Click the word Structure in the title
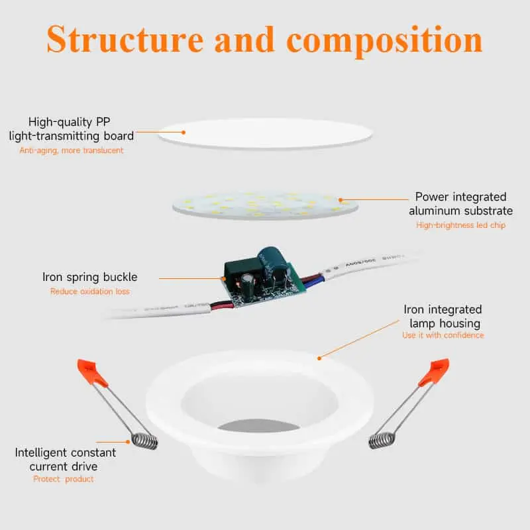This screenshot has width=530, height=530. [x=125, y=39]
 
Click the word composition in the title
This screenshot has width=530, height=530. [x=384, y=41]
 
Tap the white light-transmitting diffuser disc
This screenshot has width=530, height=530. [x=266, y=133]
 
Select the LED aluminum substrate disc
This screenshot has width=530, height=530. [x=266, y=205]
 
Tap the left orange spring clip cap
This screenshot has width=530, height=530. [x=91, y=372]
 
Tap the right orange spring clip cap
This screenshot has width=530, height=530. [x=435, y=372]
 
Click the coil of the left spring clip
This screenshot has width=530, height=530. [x=144, y=441]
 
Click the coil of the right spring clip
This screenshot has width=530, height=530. [x=382, y=441]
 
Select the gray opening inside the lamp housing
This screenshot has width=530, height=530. [x=258, y=425]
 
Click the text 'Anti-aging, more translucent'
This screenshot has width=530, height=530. [x=72, y=150]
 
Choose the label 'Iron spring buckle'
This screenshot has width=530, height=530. [x=90, y=277]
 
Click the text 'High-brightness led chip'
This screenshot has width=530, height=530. [x=460, y=225]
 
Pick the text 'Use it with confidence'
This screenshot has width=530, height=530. [x=443, y=335]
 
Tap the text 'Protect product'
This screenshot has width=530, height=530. [x=64, y=479]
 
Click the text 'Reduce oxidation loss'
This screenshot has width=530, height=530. [x=90, y=291]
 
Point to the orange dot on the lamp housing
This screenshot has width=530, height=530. [x=319, y=358]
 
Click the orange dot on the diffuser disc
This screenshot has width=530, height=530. [x=184, y=132]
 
